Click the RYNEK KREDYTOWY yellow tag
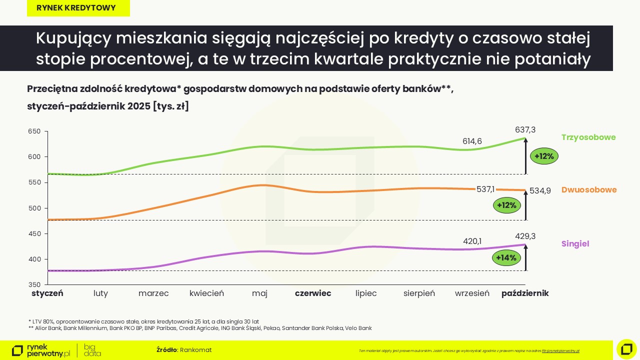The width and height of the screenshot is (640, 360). point(78,8)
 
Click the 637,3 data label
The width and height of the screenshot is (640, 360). point(525,129)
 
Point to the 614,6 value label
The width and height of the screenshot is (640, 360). point(472,141)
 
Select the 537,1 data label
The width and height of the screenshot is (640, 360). point(485,189)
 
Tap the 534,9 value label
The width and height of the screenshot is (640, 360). point(540,190)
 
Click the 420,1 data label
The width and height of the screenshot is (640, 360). point(472,241)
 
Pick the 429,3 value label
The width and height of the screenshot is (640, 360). point(525,236)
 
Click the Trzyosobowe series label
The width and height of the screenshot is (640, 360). point(588,137)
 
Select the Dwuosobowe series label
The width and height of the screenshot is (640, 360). point(589,190)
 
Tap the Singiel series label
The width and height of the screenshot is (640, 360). point(575,244)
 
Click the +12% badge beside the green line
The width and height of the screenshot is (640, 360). point(544,156)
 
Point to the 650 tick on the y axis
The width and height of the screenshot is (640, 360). point(33,131)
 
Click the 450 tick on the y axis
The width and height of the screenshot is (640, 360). point(33,233)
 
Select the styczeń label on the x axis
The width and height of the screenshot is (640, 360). point(47,293)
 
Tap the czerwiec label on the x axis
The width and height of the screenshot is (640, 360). point(313,293)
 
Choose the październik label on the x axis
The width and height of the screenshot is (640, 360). point(525,293)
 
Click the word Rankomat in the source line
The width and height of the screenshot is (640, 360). point(195,350)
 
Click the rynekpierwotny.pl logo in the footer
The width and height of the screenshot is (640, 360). point(41,350)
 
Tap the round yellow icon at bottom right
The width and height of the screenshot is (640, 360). point(626,349)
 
